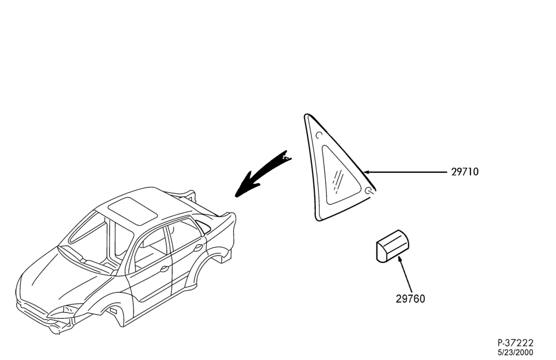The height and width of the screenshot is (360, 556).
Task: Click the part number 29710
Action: pyautogui.click(x=464, y=172)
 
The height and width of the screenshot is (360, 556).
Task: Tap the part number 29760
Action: pyautogui.click(x=410, y=299)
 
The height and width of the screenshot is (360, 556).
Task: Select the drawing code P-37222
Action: pyautogui.click(x=515, y=343)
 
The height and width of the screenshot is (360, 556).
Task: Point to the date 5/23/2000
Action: pyautogui.click(x=515, y=353)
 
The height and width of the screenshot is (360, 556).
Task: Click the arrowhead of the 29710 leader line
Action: pyautogui.click(x=366, y=172)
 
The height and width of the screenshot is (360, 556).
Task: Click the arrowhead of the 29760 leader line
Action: pyautogui.click(x=400, y=259)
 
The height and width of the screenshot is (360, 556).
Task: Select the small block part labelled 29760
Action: pyautogui.click(x=392, y=246)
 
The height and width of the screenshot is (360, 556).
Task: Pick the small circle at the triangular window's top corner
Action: pyautogui.click(x=319, y=135)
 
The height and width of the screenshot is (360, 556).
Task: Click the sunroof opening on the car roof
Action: pyautogui.click(x=133, y=211)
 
